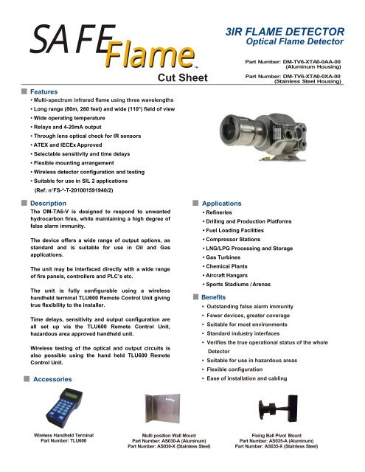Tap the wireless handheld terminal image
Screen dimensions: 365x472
(52, 409)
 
